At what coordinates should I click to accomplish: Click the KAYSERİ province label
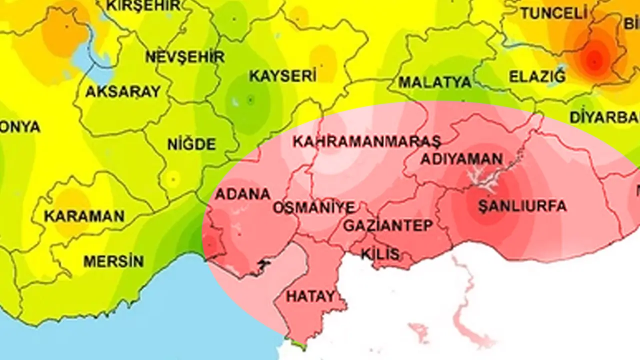(282, 76)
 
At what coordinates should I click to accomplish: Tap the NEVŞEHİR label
(184, 56)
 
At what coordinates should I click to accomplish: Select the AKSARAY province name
(123, 92)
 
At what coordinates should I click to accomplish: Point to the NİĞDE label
(191, 145)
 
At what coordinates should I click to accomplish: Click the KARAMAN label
(84, 216)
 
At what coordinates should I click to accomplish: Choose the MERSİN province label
(113, 261)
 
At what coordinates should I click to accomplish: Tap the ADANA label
(242, 194)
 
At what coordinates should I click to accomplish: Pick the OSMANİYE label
(313, 207)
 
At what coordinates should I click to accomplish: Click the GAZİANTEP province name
(387, 225)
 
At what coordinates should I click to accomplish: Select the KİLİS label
(380, 253)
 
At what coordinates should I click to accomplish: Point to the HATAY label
(310, 296)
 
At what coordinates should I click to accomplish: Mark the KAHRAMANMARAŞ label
(366, 141)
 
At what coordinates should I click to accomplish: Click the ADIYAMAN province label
(461, 159)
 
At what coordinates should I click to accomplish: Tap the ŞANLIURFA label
(522, 206)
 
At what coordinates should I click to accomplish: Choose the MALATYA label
(434, 82)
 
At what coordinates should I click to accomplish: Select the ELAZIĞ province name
(537, 77)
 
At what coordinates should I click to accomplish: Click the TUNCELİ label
(553, 13)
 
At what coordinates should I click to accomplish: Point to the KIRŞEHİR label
(144, 5)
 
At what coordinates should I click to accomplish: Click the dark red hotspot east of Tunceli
(594, 60)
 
